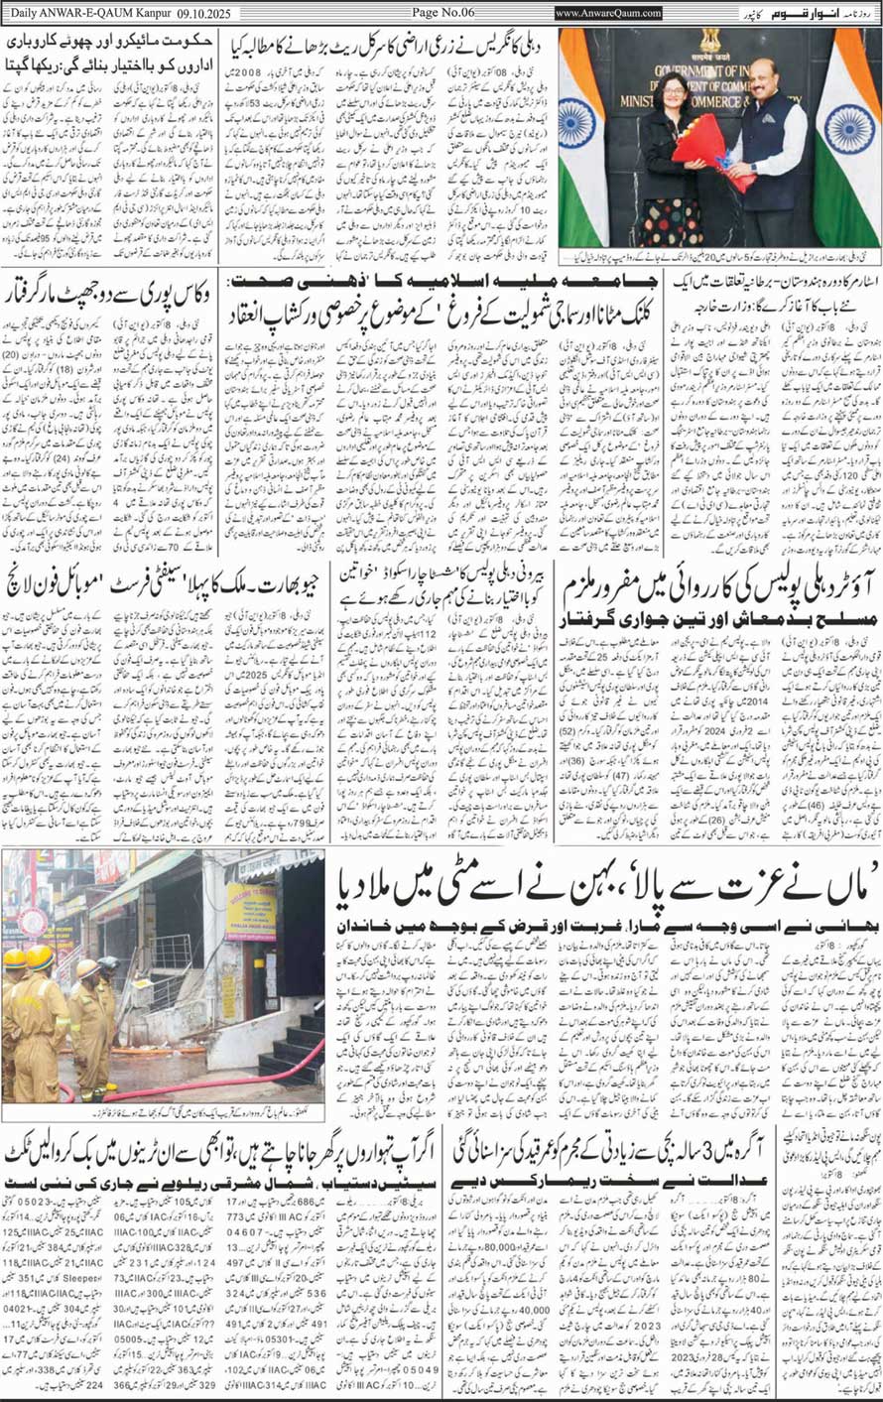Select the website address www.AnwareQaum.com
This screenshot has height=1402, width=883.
click(x=607, y=12)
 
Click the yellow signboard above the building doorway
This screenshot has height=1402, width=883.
click(x=250, y=911)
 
